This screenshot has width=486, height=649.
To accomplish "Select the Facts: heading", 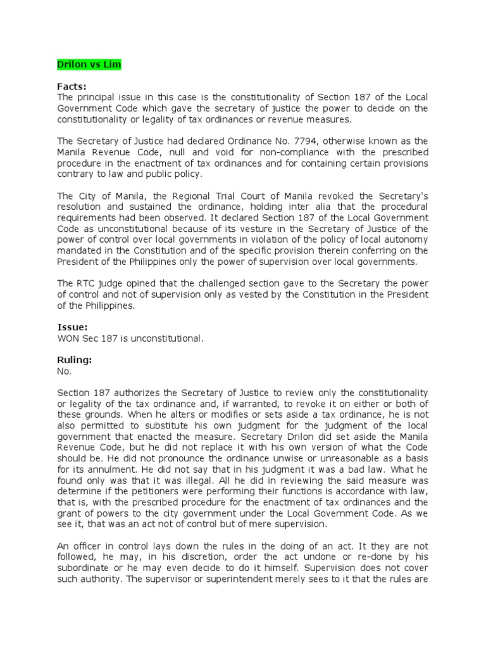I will click(x=72, y=86).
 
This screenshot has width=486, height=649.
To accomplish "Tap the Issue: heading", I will click(x=72, y=328).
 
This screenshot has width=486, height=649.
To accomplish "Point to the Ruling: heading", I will click(x=75, y=360).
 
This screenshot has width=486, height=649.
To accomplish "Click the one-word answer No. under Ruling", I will click(x=65, y=371).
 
